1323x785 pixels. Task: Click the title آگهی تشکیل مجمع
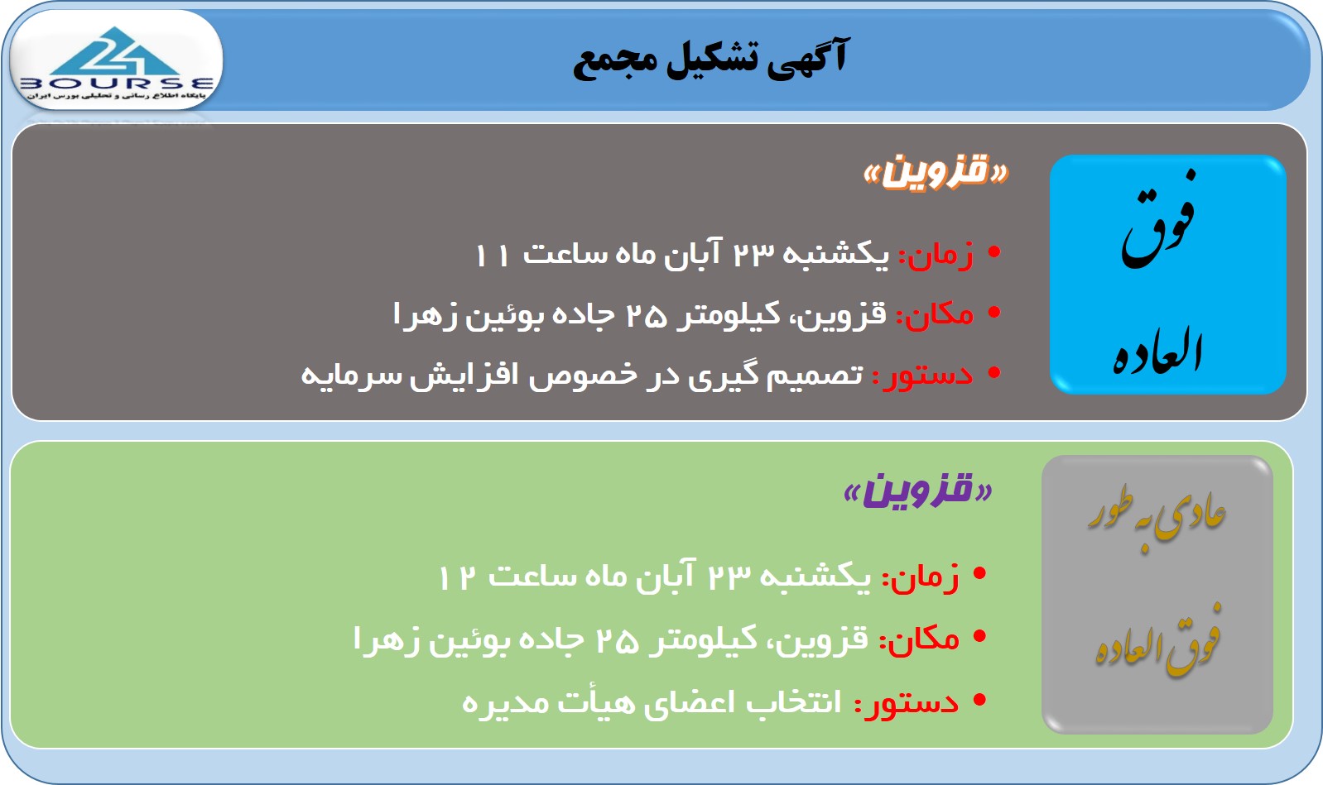(710, 59)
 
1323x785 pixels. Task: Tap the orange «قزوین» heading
(936, 171)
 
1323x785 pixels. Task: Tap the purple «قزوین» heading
(918, 491)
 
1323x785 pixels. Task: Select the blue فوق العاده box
(1167, 275)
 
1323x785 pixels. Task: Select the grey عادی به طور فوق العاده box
(1157, 595)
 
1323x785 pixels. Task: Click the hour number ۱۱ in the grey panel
(492, 255)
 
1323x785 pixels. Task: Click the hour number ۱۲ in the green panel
(456, 577)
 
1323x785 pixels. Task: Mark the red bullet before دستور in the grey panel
(994, 373)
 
